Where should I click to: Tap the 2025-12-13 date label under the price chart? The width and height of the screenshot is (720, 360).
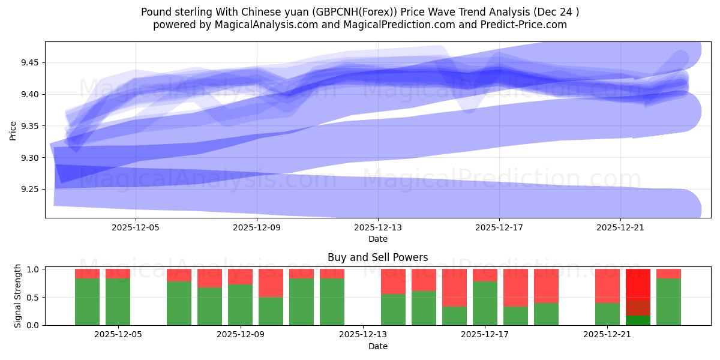(x=378, y=228)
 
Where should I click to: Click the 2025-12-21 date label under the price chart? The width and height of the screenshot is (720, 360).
(x=620, y=228)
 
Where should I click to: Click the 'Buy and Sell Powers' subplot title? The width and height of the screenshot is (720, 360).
(x=377, y=257)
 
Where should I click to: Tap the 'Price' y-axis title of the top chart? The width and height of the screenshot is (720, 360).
(x=13, y=130)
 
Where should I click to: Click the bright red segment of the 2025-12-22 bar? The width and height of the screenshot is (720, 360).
(x=638, y=284)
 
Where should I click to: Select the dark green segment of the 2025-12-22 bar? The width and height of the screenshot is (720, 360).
(x=638, y=320)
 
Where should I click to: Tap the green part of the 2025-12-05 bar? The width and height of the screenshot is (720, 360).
(x=118, y=302)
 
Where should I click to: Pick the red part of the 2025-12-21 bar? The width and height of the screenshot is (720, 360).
(x=607, y=286)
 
